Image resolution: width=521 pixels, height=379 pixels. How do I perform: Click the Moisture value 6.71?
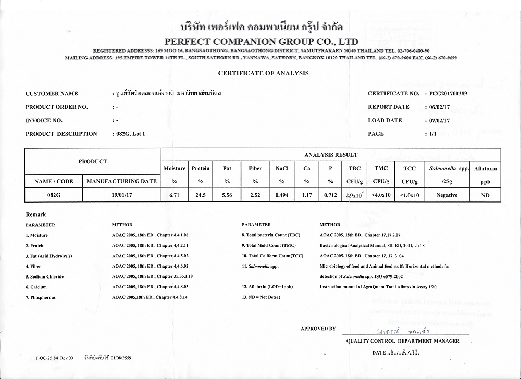point(174,195)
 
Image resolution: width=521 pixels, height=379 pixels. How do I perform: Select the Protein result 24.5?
point(201,195)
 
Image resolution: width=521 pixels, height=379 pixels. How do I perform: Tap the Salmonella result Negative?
point(446,195)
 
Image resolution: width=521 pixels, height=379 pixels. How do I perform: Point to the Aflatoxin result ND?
point(486,195)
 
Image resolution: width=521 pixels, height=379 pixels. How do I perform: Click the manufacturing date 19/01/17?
point(121,195)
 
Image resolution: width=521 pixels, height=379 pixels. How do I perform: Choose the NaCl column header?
point(281,169)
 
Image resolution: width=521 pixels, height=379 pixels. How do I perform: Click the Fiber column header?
point(255,169)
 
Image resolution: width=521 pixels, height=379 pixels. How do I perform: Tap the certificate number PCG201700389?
point(449,94)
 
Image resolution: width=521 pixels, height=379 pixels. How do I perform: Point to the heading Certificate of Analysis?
point(263,73)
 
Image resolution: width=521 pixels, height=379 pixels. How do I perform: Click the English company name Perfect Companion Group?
point(261,41)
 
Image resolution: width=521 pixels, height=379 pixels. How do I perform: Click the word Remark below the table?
point(36,214)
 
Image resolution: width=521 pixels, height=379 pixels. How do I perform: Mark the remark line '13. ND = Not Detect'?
point(261,297)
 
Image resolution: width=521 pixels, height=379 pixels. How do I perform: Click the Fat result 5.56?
point(227,195)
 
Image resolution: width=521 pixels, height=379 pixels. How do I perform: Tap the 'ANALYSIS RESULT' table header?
point(331,155)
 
